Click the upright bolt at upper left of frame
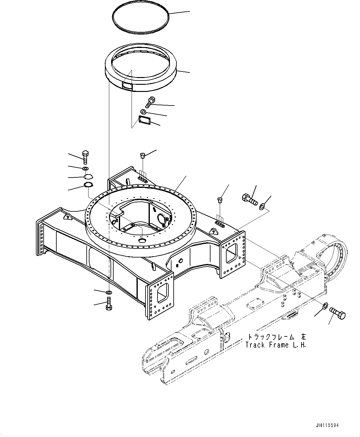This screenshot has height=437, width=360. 85,157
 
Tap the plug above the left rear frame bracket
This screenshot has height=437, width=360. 143,155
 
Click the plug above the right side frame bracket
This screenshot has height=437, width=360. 220,200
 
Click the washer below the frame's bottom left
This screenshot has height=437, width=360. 109,292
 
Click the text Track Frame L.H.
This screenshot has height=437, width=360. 275,345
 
